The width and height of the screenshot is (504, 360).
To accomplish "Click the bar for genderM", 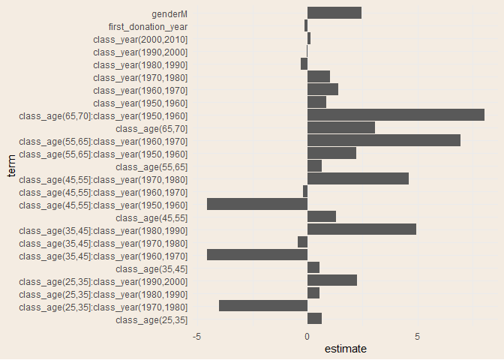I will coord(334,13).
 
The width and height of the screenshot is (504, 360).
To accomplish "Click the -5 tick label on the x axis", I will coord(196,337).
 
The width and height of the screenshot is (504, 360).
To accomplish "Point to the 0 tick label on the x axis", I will coord(307,337).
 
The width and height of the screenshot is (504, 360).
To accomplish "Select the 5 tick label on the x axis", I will coord(417,337).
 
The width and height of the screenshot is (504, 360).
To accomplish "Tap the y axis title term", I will coord(10,166).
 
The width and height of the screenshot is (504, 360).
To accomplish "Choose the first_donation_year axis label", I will coord(148,26).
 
